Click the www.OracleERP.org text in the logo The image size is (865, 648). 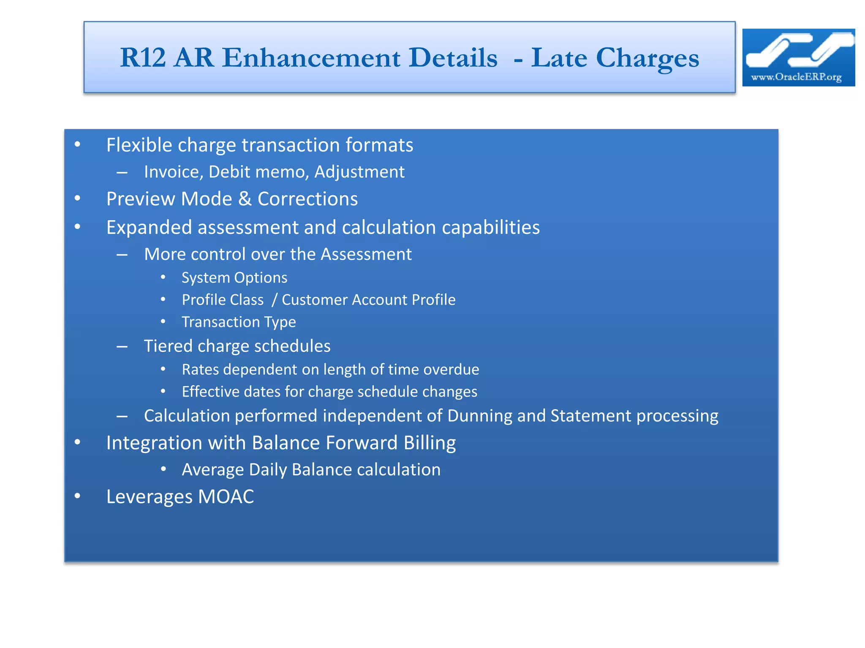point(796,77)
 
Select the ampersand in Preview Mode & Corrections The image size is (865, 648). point(245,199)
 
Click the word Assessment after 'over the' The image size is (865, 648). point(366,254)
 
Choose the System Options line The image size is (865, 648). point(234,278)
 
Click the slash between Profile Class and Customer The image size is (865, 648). point(274,300)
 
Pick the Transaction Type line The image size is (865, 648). point(239,322)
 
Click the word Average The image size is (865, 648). point(212,470)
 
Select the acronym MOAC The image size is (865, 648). point(226,497)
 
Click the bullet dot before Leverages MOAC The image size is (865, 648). point(77,496)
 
